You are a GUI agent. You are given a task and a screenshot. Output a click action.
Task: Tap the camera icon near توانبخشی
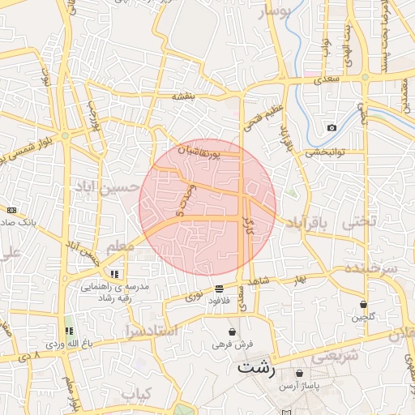coord(332,128)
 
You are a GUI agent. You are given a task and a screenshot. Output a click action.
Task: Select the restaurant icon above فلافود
coord(219,289)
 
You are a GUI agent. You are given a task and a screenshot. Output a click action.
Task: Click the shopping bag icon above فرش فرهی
coord(233,332)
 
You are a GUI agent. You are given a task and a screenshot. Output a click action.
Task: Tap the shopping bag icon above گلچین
coord(363,305)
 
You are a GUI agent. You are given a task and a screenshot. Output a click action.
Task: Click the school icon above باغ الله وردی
coord(69,331)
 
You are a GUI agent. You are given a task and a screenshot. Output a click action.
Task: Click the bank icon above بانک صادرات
coord(11,210)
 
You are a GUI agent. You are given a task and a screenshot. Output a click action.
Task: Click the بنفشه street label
coord(184,96)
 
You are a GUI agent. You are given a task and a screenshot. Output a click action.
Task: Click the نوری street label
coord(195,297)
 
